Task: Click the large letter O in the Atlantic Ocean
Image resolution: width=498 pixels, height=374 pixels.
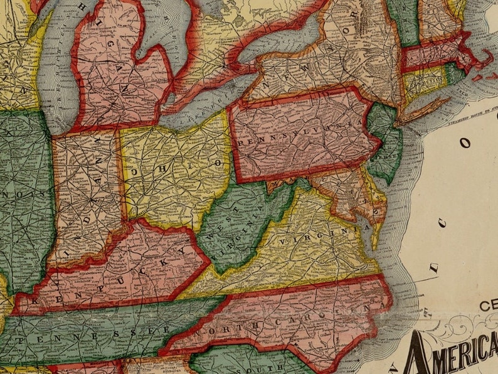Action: [465, 142]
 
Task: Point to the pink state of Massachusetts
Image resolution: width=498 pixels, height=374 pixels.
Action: [436, 56]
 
